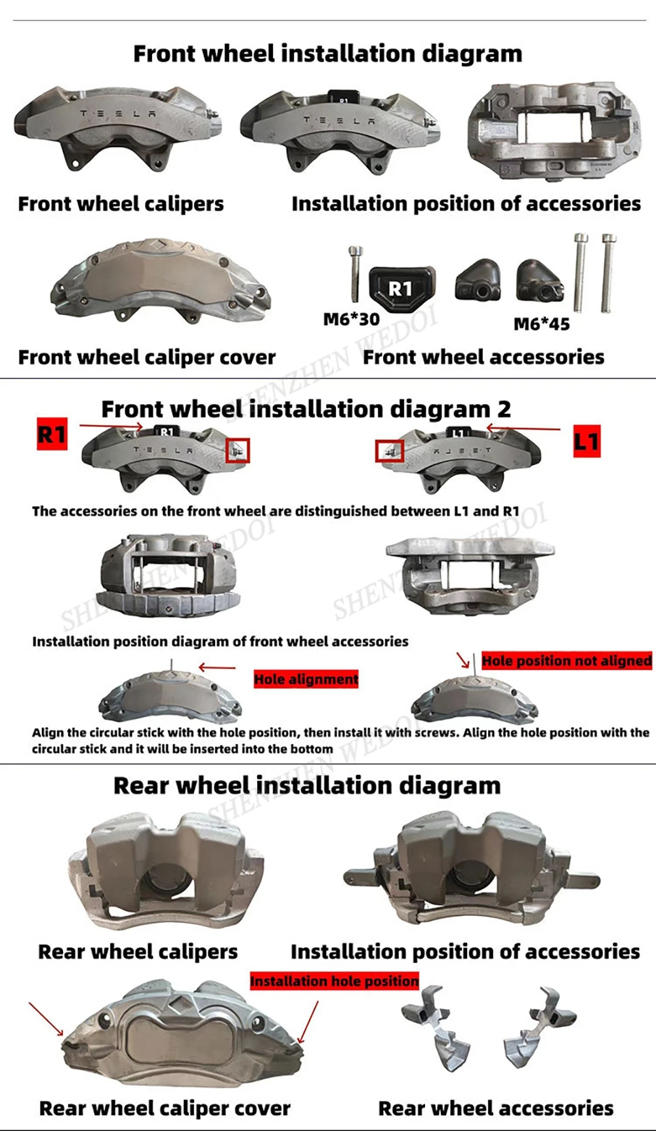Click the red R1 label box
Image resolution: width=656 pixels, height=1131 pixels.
click(x=52, y=434)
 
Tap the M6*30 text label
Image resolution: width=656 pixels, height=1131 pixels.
click(x=352, y=319)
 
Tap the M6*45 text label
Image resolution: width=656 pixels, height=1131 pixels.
click(x=541, y=324)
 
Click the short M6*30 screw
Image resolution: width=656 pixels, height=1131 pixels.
click(x=355, y=274)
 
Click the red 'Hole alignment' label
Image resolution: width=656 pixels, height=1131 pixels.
click(x=306, y=679)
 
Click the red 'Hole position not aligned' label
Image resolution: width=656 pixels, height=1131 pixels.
click(x=567, y=661)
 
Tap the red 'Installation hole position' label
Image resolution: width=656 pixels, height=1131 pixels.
click(x=335, y=981)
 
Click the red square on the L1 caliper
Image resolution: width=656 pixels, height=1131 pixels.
click(x=390, y=451)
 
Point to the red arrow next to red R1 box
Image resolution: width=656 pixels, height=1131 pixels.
click(x=111, y=426)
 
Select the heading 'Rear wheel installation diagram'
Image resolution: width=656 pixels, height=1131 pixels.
click(x=307, y=785)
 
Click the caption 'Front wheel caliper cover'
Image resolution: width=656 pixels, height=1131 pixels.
click(x=147, y=358)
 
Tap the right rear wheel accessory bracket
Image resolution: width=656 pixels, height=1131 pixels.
click(x=540, y=1027)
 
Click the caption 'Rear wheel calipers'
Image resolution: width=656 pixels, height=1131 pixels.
click(x=138, y=952)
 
